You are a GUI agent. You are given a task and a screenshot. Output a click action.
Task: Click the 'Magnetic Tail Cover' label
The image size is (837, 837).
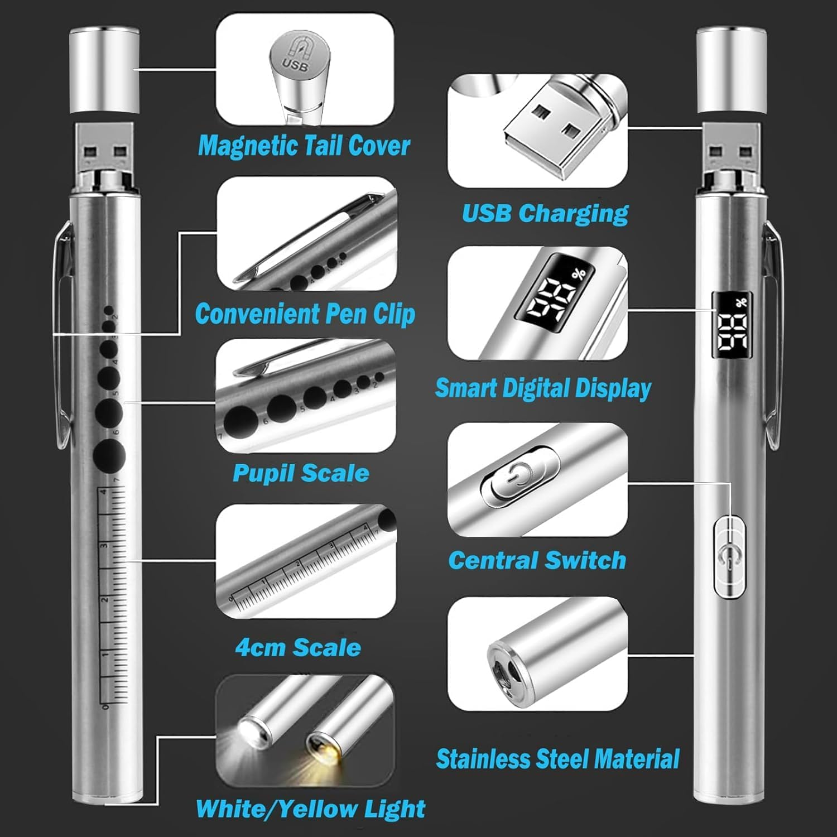pyautogui.click(x=304, y=146)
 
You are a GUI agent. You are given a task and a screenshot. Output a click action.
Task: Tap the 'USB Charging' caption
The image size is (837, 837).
pyautogui.click(x=545, y=214)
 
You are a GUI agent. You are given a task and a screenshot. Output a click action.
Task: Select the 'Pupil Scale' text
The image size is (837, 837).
pyautogui.click(x=301, y=473)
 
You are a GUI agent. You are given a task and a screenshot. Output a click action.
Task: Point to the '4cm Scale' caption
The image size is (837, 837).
pyautogui.click(x=298, y=648)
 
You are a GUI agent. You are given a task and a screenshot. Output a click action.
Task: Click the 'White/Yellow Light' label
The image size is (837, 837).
pyautogui.click(x=310, y=809)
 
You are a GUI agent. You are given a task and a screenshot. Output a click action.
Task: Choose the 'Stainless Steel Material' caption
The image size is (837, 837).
pyautogui.click(x=557, y=759)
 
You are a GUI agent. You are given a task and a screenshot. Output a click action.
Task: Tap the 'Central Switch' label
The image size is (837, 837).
pyautogui.click(x=537, y=560)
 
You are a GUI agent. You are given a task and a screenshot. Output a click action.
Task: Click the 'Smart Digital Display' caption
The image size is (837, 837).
pyautogui.click(x=543, y=388)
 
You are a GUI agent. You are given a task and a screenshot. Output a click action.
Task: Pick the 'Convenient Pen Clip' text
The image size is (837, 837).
pyautogui.click(x=305, y=314)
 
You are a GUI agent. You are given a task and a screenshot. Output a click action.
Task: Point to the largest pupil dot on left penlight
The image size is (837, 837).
pyautogui.click(x=109, y=455)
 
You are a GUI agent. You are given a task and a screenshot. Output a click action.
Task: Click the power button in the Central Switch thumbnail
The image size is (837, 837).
pyautogui.click(x=519, y=478)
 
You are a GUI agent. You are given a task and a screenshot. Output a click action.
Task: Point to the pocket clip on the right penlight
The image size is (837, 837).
pyautogui.click(x=773, y=335)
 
